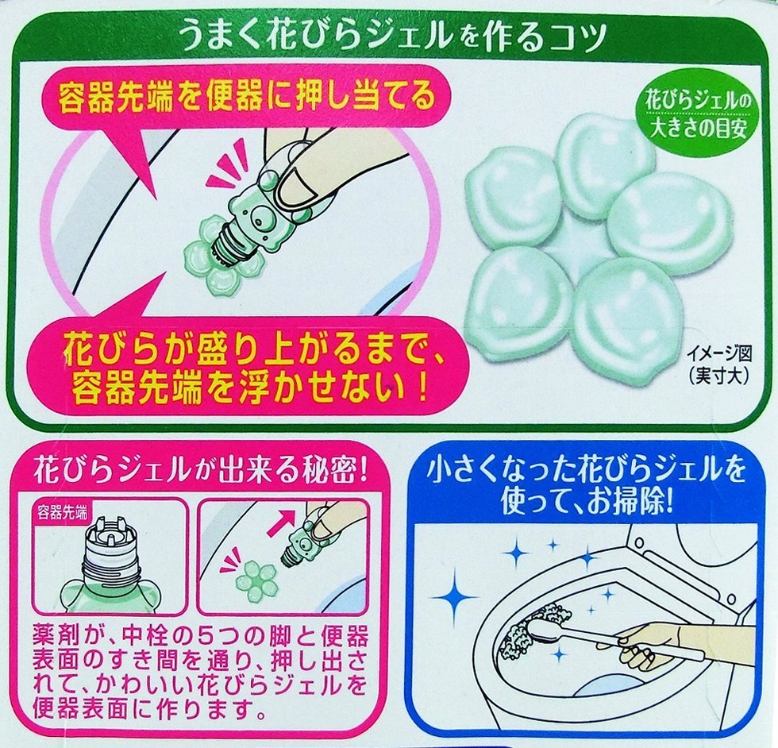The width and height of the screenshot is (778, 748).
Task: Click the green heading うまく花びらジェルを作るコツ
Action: (394, 37)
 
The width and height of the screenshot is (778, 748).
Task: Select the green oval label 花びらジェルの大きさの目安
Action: (698, 114)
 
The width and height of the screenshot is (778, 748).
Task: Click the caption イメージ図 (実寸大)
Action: (718, 364)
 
